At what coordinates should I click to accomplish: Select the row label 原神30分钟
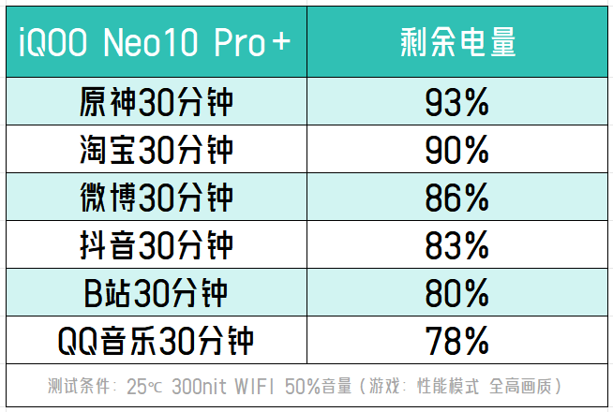click(x=156, y=101)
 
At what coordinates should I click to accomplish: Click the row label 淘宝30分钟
click(x=156, y=150)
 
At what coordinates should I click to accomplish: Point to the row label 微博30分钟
click(x=156, y=198)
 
